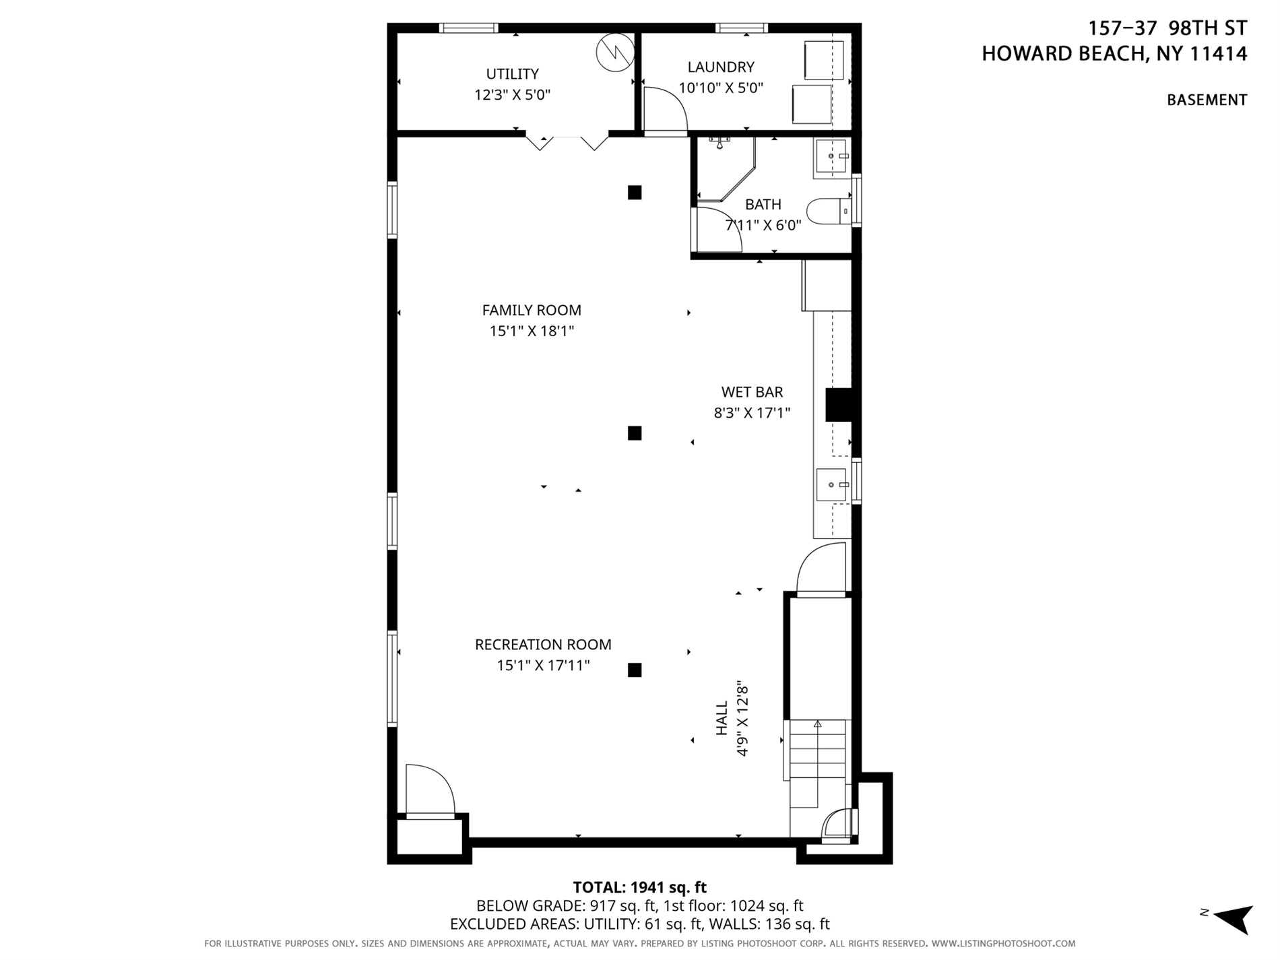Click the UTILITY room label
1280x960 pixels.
[x=512, y=73]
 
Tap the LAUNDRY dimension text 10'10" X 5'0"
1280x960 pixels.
[x=720, y=88]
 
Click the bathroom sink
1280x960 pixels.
[x=829, y=157]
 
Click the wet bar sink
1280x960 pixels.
[x=831, y=485]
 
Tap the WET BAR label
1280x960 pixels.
[x=752, y=391]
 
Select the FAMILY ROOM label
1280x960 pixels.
[x=532, y=310]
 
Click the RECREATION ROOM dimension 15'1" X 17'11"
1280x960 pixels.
[x=543, y=666]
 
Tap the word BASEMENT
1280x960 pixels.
[x=1207, y=100]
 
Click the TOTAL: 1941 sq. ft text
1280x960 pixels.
[x=639, y=887]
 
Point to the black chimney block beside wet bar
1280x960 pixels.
[x=839, y=406]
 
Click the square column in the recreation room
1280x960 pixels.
[x=634, y=670]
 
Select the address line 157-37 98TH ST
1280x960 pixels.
[x=1167, y=28]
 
